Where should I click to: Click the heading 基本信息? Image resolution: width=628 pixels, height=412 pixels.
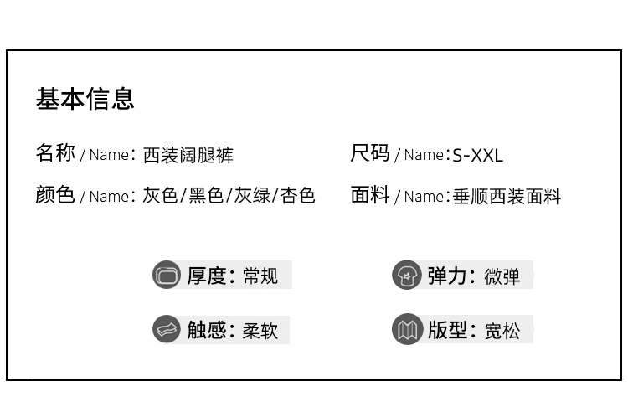tap(85, 99)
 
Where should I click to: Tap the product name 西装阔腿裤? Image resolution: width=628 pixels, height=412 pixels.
tap(188, 155)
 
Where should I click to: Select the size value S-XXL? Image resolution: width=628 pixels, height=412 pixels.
tap(477, 155)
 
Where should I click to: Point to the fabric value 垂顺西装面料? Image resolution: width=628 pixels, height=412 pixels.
tap(507, 197)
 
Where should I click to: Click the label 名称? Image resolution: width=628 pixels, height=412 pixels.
tap(55, 153)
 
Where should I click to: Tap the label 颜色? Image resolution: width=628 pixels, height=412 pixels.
tap(55, 195)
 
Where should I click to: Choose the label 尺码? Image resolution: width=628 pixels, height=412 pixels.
tap(370, 153)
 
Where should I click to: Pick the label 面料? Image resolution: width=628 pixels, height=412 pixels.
tap(370, 195)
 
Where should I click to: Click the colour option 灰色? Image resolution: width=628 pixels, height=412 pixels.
tap(160, 196)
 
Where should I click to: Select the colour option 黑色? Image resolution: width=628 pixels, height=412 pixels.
tap(206, 196)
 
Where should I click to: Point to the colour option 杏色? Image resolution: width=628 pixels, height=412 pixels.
tap(297, 196)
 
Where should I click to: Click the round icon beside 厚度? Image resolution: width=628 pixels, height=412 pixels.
tap(167, 275)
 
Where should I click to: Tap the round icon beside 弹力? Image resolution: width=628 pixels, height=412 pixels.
tap(407, 275)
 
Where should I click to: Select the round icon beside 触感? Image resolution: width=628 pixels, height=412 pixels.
tap(167, 329)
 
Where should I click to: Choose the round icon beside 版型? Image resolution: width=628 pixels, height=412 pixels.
tap(407, 329)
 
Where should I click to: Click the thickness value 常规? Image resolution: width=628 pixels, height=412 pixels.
tap(260, 276)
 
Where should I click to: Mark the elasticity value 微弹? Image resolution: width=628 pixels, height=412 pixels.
tap(502, 276)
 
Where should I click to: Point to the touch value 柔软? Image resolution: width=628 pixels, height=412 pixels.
tap(260, 330)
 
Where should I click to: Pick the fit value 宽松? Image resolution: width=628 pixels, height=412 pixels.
tap(502, 330)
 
